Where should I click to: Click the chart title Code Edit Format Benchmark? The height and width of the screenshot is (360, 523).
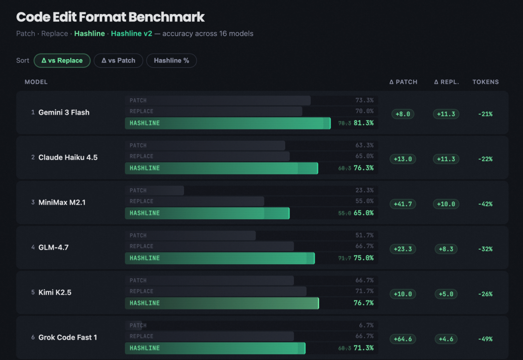pyautogui.click(x=110, y=17)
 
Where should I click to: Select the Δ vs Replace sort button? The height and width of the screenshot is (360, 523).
pyautogui.click(x=62, y=60)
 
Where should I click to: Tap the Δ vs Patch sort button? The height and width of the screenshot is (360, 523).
pyautogui.click(x=118, y=60)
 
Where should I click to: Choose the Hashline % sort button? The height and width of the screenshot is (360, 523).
pyautogui.click(x=171, y=60)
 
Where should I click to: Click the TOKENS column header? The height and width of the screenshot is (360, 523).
pyautogui.click(x=485, y=82)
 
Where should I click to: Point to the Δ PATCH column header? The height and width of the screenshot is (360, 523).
pyautogui.click(x=403, y=82)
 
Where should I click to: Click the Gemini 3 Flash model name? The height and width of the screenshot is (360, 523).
pyautogui.click(x=64, y=112)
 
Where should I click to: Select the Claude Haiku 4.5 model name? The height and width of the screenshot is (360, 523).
pyautogui.click(x=68, y=157)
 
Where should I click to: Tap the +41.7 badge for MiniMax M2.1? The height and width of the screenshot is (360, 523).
pyautogui.click(x=403, y=204)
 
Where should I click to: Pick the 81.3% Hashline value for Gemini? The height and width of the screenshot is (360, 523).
pyautogui.click(x=364, y=123)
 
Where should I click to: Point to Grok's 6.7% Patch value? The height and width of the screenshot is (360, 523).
pyautogui.click(x=366, y=326)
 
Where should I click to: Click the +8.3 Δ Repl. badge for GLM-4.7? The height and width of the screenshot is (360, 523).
pyautogui.click(x=446, y=249)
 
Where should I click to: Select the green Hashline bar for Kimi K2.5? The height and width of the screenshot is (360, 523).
pyautogui.click(x=222, y=303)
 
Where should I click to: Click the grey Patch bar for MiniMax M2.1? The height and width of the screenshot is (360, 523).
pyautogui.click(x=155, y=191)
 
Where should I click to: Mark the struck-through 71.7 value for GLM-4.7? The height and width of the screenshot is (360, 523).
pyautogui.click(x=344, y=258)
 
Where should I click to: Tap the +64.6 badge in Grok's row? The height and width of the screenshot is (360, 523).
pyautogui.click(x=403, y=339)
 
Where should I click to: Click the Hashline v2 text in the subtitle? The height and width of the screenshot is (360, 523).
pyautogui.click(x=131, y=34)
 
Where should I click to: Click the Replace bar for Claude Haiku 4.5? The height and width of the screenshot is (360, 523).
pyautogui.click(x=207, y=156)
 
